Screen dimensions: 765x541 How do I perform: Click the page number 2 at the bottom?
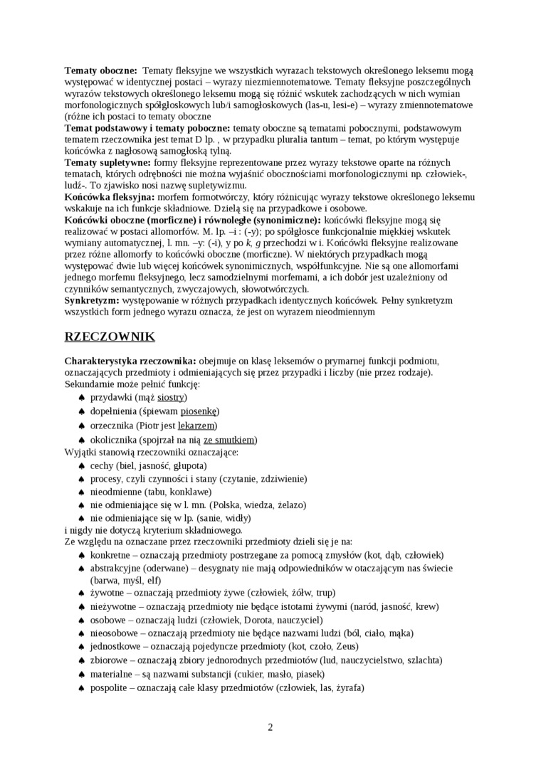[x=270, y=727]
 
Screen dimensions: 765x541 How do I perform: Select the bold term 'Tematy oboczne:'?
[x=101, y=70]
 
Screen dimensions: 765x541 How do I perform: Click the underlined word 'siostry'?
[x=171, y=396]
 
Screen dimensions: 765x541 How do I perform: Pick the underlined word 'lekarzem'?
[x=196, y=425]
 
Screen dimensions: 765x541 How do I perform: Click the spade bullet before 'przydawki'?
[x=81, y=397]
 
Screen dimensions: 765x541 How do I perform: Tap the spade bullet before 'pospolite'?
[x=81, y=688]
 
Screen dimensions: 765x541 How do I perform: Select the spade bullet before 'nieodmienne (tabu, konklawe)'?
[x=81, y=492]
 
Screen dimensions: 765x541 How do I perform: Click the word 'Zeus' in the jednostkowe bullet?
[x=345, y=647]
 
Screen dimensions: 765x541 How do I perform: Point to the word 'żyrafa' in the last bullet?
[x=347, y=688]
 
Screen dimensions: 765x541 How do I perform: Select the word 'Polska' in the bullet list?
[x=230, y=505]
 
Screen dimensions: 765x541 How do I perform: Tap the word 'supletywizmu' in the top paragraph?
[x=213, y=185]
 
